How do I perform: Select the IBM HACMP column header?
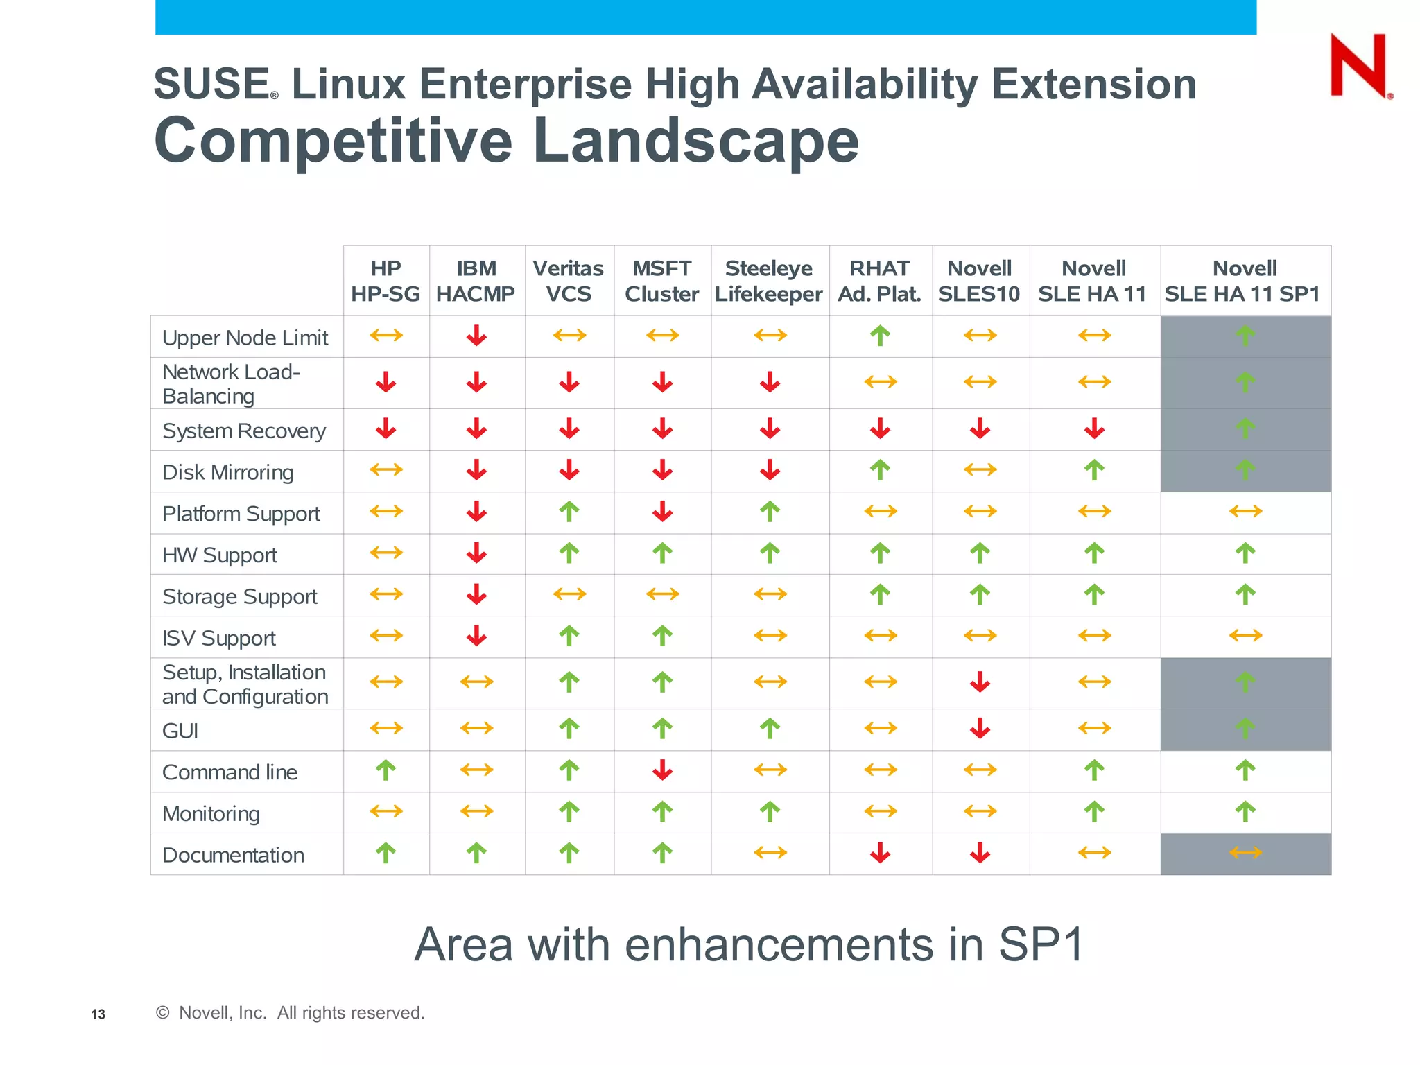click(x=476, y=281)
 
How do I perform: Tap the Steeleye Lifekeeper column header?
click(x=769, y=281)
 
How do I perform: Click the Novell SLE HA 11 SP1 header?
click(x=1244, y=281)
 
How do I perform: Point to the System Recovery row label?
click(x=243, y=431)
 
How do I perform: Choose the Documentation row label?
click(x=233, y=855)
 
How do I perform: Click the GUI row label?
click(x=180, y=731)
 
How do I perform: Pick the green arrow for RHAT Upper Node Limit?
click(x=880, y=336)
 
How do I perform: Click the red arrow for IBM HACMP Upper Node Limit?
click(x=476, y=336)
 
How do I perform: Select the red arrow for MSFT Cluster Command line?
click(x=662, y=770)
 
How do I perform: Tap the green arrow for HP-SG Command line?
click(x=386, y=770)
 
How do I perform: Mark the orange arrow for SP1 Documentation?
click(x=1245, y=853)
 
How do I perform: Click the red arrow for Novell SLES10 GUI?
click(x=980, y=728)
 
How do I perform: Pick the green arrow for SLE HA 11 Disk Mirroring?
click(x=1094, y=470)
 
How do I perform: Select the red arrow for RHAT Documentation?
click(x=880, y=853)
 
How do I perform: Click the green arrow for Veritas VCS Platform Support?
click(x=569, y=512)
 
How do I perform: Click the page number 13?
click(x=98, y=1014)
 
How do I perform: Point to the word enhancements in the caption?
click(x=779, y=944)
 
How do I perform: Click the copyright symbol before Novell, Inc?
click(x=162, y=1012)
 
